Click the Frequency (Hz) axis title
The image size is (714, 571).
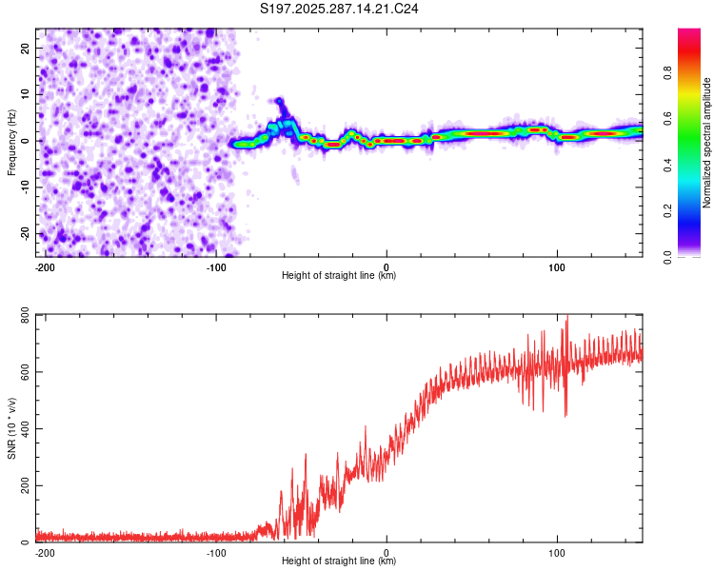pos(11,142)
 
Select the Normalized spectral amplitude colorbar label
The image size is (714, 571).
pos(706,143)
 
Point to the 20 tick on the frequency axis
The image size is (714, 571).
pos(26,48)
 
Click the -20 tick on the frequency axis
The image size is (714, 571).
pos(24,233)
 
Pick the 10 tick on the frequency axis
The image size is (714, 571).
pos(26,94)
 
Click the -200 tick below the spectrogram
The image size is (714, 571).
pos(44,266)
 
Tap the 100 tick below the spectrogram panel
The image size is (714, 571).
pos(557,266)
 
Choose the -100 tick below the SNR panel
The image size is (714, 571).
pos(215,552)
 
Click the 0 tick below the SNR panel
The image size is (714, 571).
pos(387,552)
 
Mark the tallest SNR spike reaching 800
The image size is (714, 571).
pos(567,318)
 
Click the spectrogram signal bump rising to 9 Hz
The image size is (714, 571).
pos(279,101)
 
